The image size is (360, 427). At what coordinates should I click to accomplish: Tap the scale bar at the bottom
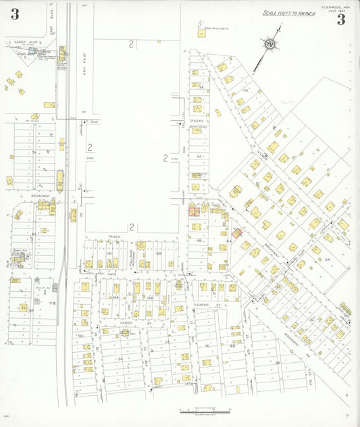click(x=205, y=410)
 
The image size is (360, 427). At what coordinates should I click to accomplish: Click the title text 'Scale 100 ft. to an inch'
click(x=288, y=13)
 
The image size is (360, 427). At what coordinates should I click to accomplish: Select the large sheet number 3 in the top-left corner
click(x=15, y=14)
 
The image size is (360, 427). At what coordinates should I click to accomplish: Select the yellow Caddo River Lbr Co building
click(x=201, y=33)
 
